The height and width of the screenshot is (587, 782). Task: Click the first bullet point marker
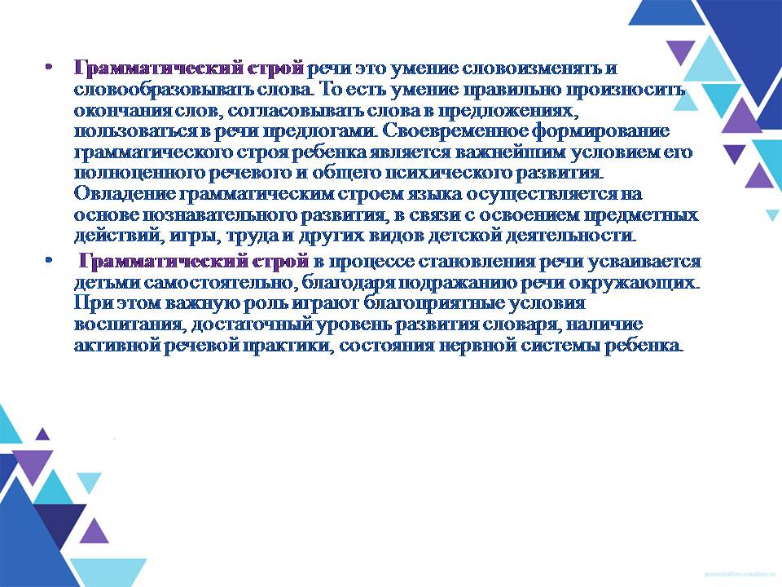(48, 67)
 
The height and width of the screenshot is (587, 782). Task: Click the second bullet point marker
(48, 260)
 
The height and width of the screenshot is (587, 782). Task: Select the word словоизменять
(533, 68)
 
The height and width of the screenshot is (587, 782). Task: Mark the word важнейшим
(510, 152)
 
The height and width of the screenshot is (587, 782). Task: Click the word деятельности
(570, 236)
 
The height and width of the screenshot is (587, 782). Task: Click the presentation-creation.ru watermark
(741, 575)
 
